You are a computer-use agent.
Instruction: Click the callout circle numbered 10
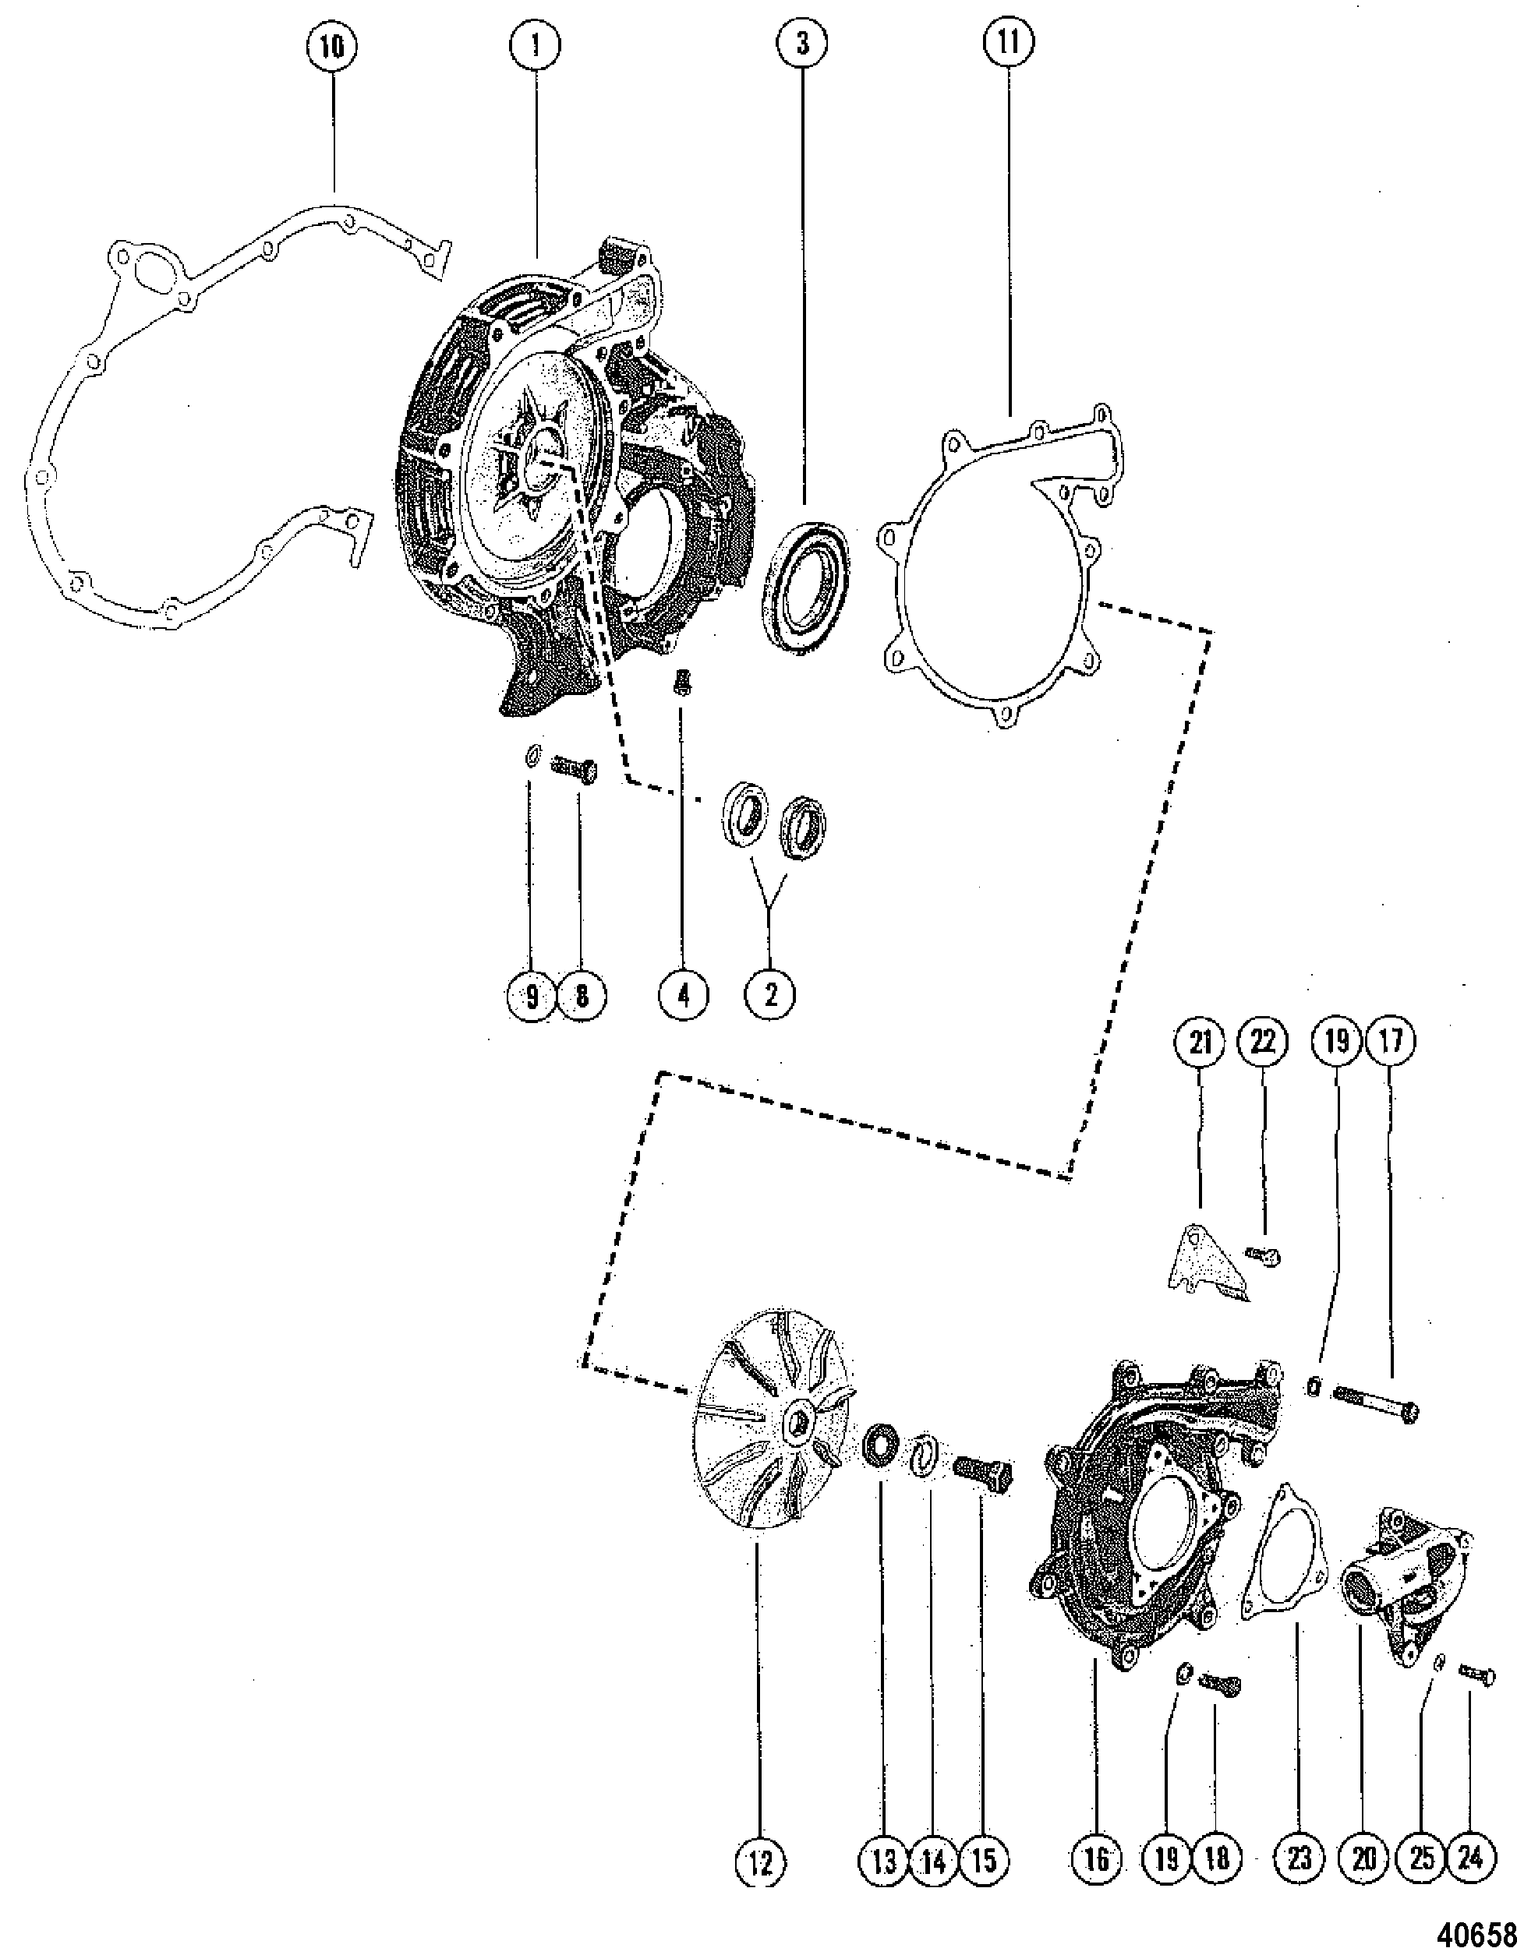pos(331,48)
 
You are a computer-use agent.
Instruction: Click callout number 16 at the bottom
pos(1097,1860)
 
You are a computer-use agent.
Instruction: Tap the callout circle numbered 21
pos(1201,1041)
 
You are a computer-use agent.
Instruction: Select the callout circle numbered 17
pos(1390,1041)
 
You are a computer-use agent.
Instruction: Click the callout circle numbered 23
pos(1300,1860)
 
